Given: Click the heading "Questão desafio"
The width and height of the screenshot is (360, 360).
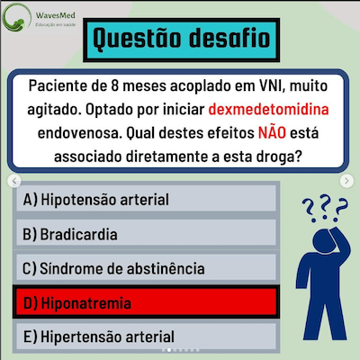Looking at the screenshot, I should (180, 39).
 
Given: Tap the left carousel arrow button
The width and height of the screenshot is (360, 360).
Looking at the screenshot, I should (13, 181).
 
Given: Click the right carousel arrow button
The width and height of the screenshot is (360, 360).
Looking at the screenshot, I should (347, 181).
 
